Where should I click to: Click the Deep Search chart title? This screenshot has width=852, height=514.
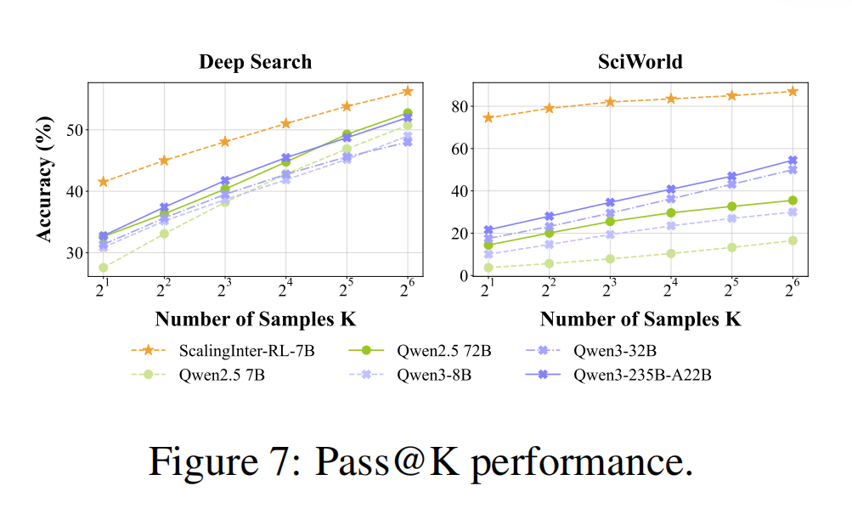click(x=255, y=62)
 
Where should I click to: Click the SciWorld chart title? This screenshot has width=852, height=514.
click(x=640, y=62)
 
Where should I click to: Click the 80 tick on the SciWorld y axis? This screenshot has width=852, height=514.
click(x=460, y=106)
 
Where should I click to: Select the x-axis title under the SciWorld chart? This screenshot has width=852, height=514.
click(x=640, y=319)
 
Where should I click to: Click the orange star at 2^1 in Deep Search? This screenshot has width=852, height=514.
click(x=104, y=182)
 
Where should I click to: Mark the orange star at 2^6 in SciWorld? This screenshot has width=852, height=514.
click(x=793, y=91)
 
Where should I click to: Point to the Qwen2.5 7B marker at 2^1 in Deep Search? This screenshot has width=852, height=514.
click(x=104, y=268)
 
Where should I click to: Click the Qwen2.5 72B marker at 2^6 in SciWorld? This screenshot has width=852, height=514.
click(x=793, y=201)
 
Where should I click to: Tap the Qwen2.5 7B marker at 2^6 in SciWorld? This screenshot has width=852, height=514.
click(x=793, y=240)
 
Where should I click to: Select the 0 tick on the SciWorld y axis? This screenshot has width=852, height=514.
click(x=464, y=276)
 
